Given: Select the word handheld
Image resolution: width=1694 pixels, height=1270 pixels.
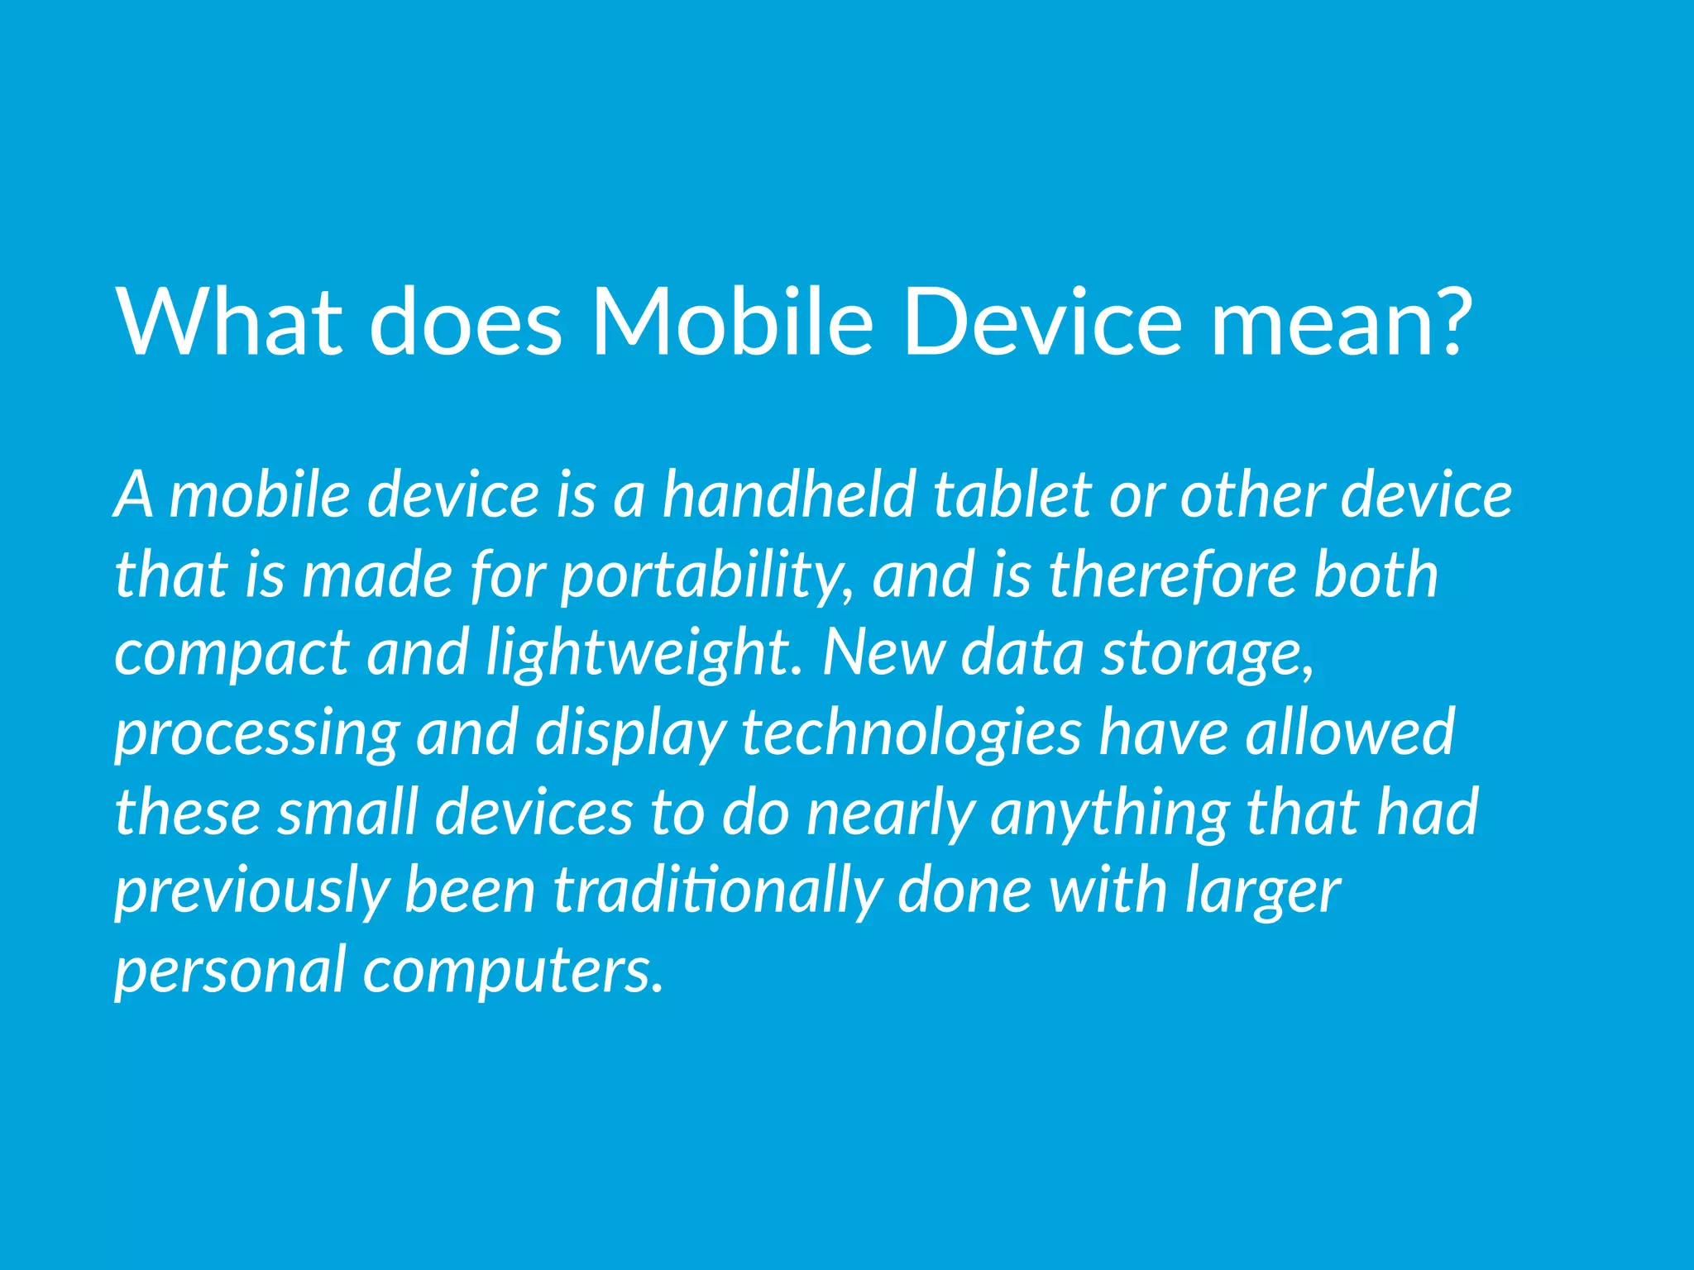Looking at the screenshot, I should [789, 494].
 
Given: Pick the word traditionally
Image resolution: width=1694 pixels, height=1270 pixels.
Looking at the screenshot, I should [716, 891].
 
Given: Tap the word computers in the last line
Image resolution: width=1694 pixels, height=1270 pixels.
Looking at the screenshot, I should [513, 971].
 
